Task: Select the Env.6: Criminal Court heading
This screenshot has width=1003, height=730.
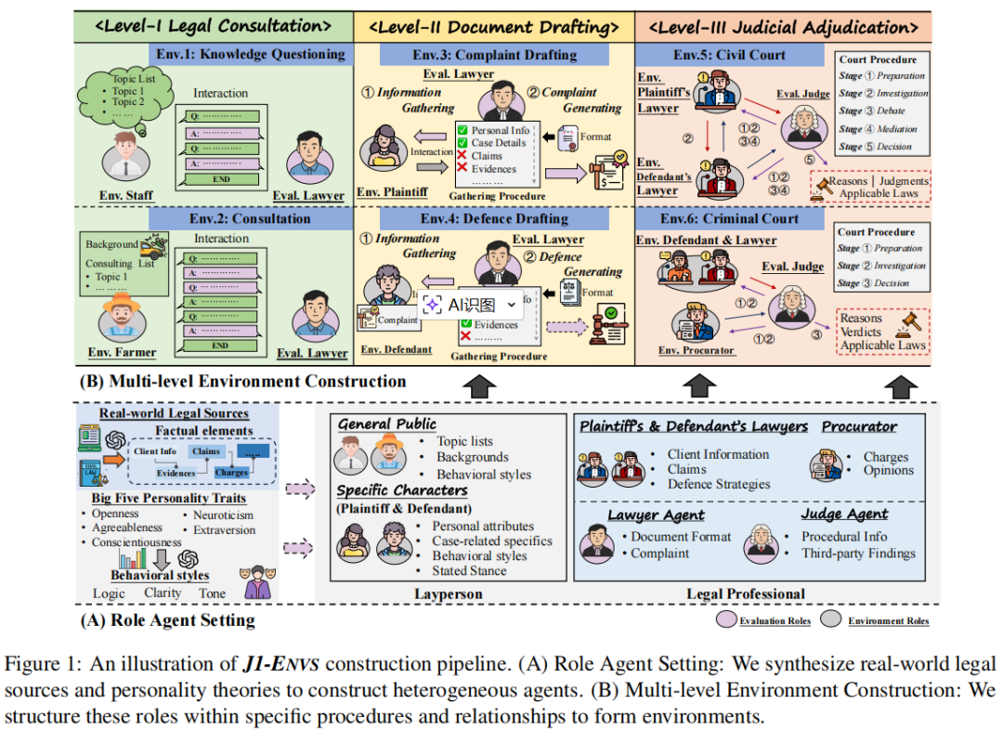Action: (x=729, y=218)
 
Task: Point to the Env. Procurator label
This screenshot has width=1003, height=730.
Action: (x=696, y=350)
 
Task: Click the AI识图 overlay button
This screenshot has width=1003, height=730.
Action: (x=471, y=305)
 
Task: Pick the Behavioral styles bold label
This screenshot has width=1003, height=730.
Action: (x=160, y=576)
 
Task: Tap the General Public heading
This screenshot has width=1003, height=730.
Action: (x=386, y=424)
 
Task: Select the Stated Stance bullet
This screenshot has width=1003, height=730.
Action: (x=469, y=571)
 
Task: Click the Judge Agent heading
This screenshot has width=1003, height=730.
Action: (x=844, y=514)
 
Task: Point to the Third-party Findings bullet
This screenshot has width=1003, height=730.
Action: (x=858, y=554)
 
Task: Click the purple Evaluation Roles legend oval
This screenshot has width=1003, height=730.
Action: (x=725, y=620)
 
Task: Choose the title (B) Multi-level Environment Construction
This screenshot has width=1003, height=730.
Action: (x=242, y=381)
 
